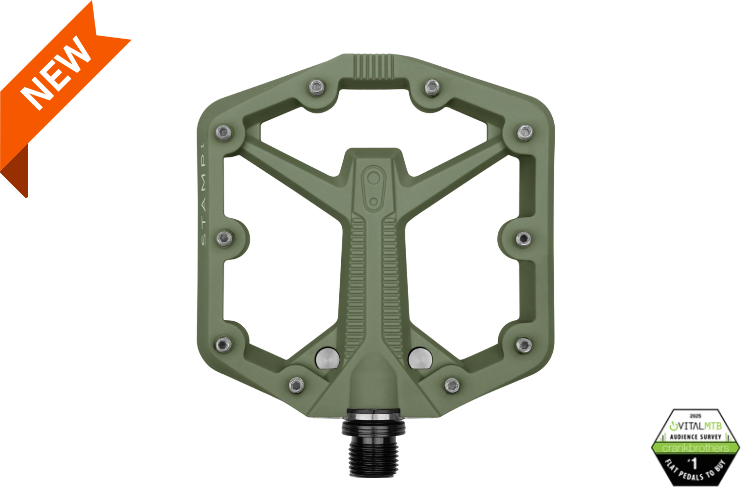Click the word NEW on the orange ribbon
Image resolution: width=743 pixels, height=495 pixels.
click(x=55, y=73)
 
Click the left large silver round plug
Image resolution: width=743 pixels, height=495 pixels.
click(x=327, y=358)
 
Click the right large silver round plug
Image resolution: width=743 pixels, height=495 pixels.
click(x=420, y=358)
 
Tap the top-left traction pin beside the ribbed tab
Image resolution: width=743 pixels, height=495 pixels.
click(x=317, y=88)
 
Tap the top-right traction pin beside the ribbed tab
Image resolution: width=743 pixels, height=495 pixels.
click(x=432, y=88)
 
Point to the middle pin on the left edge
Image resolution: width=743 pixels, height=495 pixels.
click(x=224, y=239)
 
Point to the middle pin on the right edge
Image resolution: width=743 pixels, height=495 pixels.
click(x=523, y=239)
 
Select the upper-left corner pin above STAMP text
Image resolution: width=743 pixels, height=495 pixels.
click(x=223, y=132)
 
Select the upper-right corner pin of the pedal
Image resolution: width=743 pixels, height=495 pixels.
click(x=525, y=132)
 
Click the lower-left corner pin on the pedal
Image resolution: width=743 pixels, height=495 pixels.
click(x=223, y=345)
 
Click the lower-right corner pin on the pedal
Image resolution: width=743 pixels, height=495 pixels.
click(x=524, y=345)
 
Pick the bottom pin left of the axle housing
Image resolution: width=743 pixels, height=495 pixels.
click(x=296, y=385)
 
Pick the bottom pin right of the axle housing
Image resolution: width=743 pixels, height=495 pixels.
click(x=452, y=385)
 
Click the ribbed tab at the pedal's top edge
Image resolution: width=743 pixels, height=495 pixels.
click(x=374, y=66)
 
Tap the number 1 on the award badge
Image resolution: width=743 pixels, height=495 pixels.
click(x=694, y=463)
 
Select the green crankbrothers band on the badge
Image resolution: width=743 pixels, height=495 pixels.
click(x=695, y=448)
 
